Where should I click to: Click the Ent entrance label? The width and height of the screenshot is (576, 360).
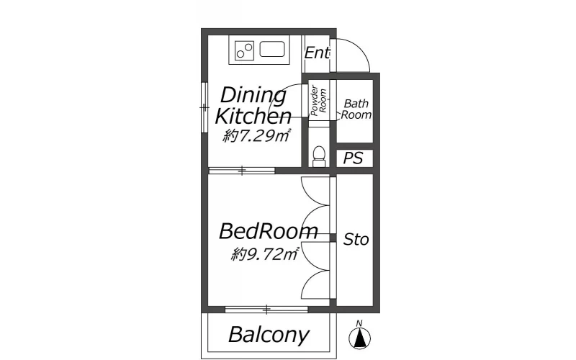coord(317,53)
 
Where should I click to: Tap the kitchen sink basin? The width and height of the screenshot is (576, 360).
coord(272,49)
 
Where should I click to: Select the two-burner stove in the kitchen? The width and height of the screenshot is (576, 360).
coord(245,50)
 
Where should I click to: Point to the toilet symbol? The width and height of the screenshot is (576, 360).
coord(319,156)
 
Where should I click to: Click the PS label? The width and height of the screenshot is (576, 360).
coord(353,158)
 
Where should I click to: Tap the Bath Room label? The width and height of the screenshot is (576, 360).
coord(356,109)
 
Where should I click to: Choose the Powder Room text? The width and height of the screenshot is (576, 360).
coord(318,101)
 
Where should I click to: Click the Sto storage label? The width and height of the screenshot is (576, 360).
coord(356,240)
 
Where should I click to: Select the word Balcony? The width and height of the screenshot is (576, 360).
coord(269,335)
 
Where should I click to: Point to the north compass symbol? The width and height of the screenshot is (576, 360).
coord(359,338)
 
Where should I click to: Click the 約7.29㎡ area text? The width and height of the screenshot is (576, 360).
coord(257,136)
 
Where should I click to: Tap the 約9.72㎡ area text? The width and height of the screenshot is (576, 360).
coord(265,254)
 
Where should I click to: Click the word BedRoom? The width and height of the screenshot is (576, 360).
coord(269,231)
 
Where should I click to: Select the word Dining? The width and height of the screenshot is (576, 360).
coord(253,96)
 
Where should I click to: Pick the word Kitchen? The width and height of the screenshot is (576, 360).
coord(253,116)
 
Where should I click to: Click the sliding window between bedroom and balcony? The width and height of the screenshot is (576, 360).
coord(266,310)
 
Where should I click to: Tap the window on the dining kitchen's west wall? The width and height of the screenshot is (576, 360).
coord(204,107)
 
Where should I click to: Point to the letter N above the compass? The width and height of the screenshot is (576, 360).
coord(359,323)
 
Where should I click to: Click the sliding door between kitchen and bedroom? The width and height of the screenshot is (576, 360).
coord(242,171)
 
